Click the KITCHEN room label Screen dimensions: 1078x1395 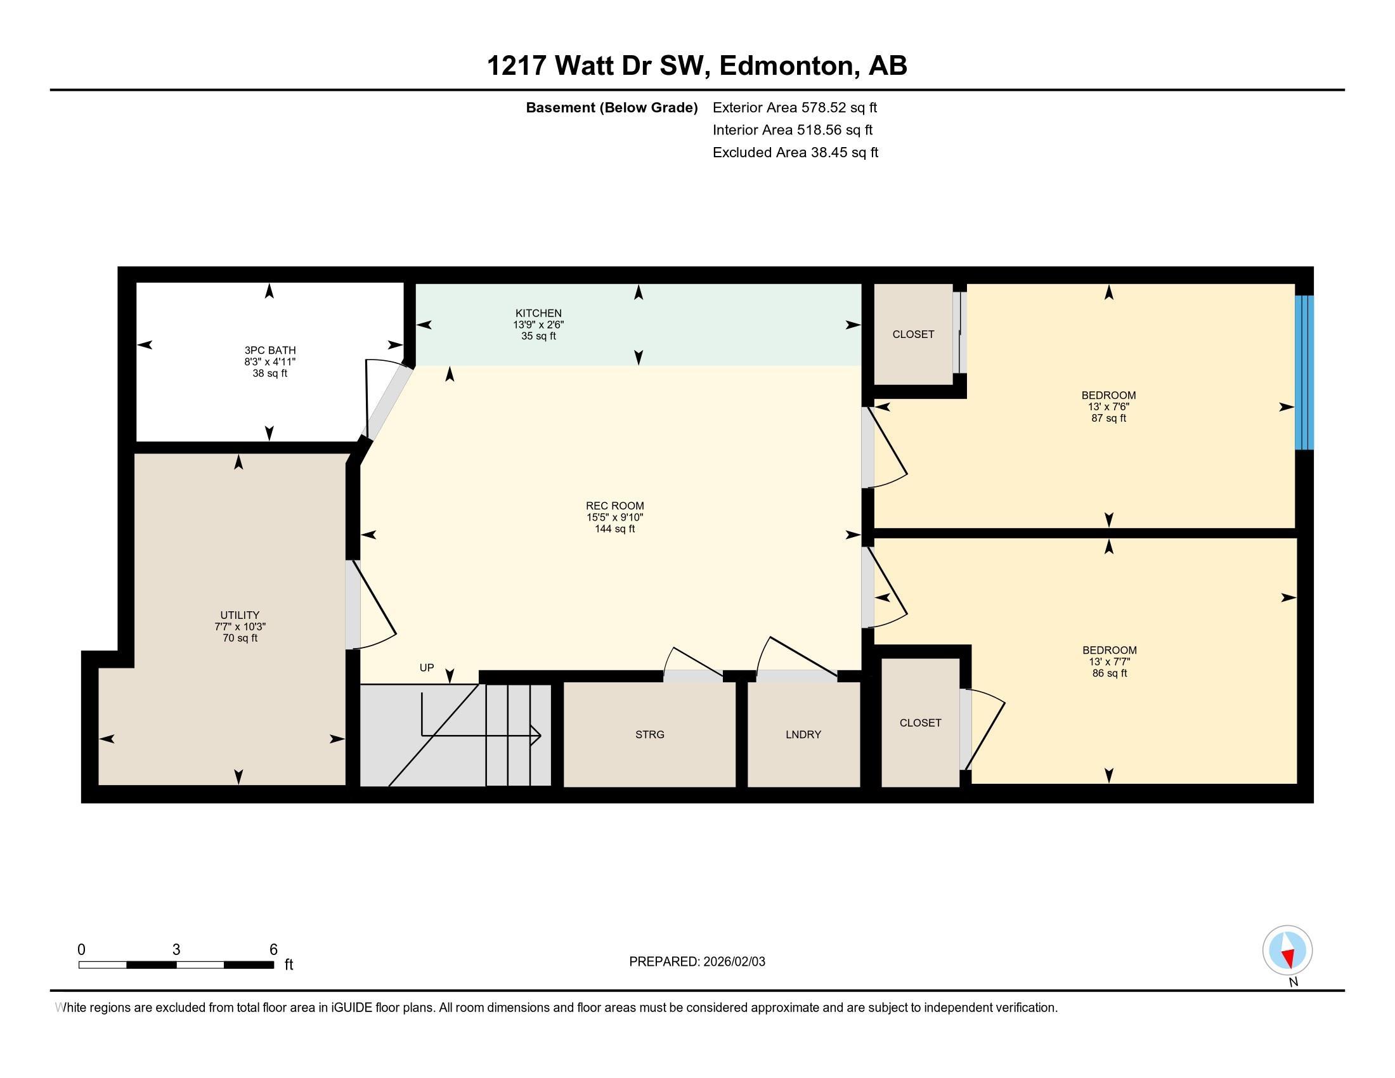click(538, 313)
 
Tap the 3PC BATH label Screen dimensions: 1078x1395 click(269, 350)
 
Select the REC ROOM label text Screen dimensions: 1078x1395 click(614, 506)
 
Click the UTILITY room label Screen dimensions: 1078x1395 click(240, 615)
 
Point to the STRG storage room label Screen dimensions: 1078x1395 click(649, 734)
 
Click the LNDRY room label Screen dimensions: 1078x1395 click(803, 734)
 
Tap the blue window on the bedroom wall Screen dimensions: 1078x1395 click(1304, 372)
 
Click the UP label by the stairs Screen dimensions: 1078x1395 click(427, 667)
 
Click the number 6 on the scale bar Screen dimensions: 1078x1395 click(273, 950)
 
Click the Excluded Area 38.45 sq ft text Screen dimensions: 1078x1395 click(795, 153)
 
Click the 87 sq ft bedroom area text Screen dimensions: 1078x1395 click(1108, 419)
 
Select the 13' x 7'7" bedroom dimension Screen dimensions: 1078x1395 click(1110, 661)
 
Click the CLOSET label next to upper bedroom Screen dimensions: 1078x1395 click(912, 335)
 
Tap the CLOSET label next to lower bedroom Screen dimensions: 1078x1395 click(920, 723)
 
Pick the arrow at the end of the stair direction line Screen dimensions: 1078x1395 click(538, 736)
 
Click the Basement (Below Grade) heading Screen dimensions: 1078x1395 click(611, 108)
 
